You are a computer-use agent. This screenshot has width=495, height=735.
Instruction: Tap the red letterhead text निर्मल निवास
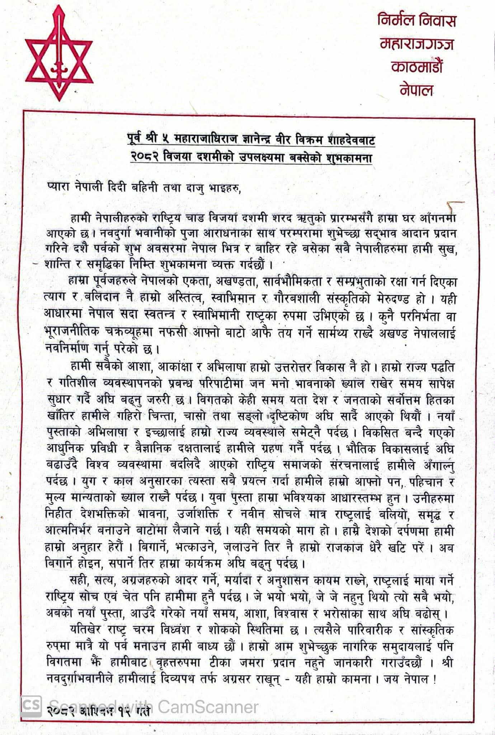416,20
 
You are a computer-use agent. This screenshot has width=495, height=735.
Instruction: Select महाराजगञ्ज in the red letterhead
417,44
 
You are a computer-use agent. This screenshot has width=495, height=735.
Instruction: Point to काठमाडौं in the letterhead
417,67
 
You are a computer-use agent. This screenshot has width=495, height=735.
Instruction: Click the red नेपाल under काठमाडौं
416,90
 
